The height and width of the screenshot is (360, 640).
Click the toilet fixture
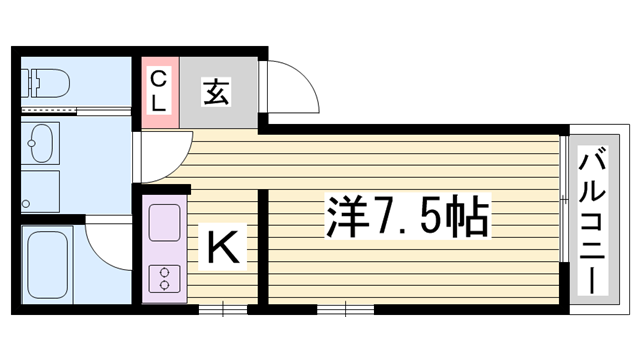[x=45, y=83]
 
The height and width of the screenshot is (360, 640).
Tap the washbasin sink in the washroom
[x=40, y=143]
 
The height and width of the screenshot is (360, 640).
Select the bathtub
[x=47, y=264]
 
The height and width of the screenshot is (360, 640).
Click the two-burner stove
[x=164, y=279]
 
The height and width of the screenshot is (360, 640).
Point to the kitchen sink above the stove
[x=164, y=222]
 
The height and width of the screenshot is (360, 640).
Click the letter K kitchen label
[x=223, y=247]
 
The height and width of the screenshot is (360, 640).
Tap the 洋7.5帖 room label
[x=407, y=216]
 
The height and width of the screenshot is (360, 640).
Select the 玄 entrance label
[x=216, y=91]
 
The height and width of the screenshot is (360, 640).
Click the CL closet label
[x=158, y=91]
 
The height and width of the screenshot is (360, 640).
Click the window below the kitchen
[x=223, y=309]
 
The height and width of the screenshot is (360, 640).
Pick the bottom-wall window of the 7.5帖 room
[x=345, y=309]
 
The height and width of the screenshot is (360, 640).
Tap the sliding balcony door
[x=564, y=198]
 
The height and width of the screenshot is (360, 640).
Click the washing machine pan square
[x=40, y=191]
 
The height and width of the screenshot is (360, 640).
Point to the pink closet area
[x=160, y=92]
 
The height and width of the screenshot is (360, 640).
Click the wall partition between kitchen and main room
[x=263, y=247]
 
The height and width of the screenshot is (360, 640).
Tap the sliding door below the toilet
[x=76, y=109]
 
